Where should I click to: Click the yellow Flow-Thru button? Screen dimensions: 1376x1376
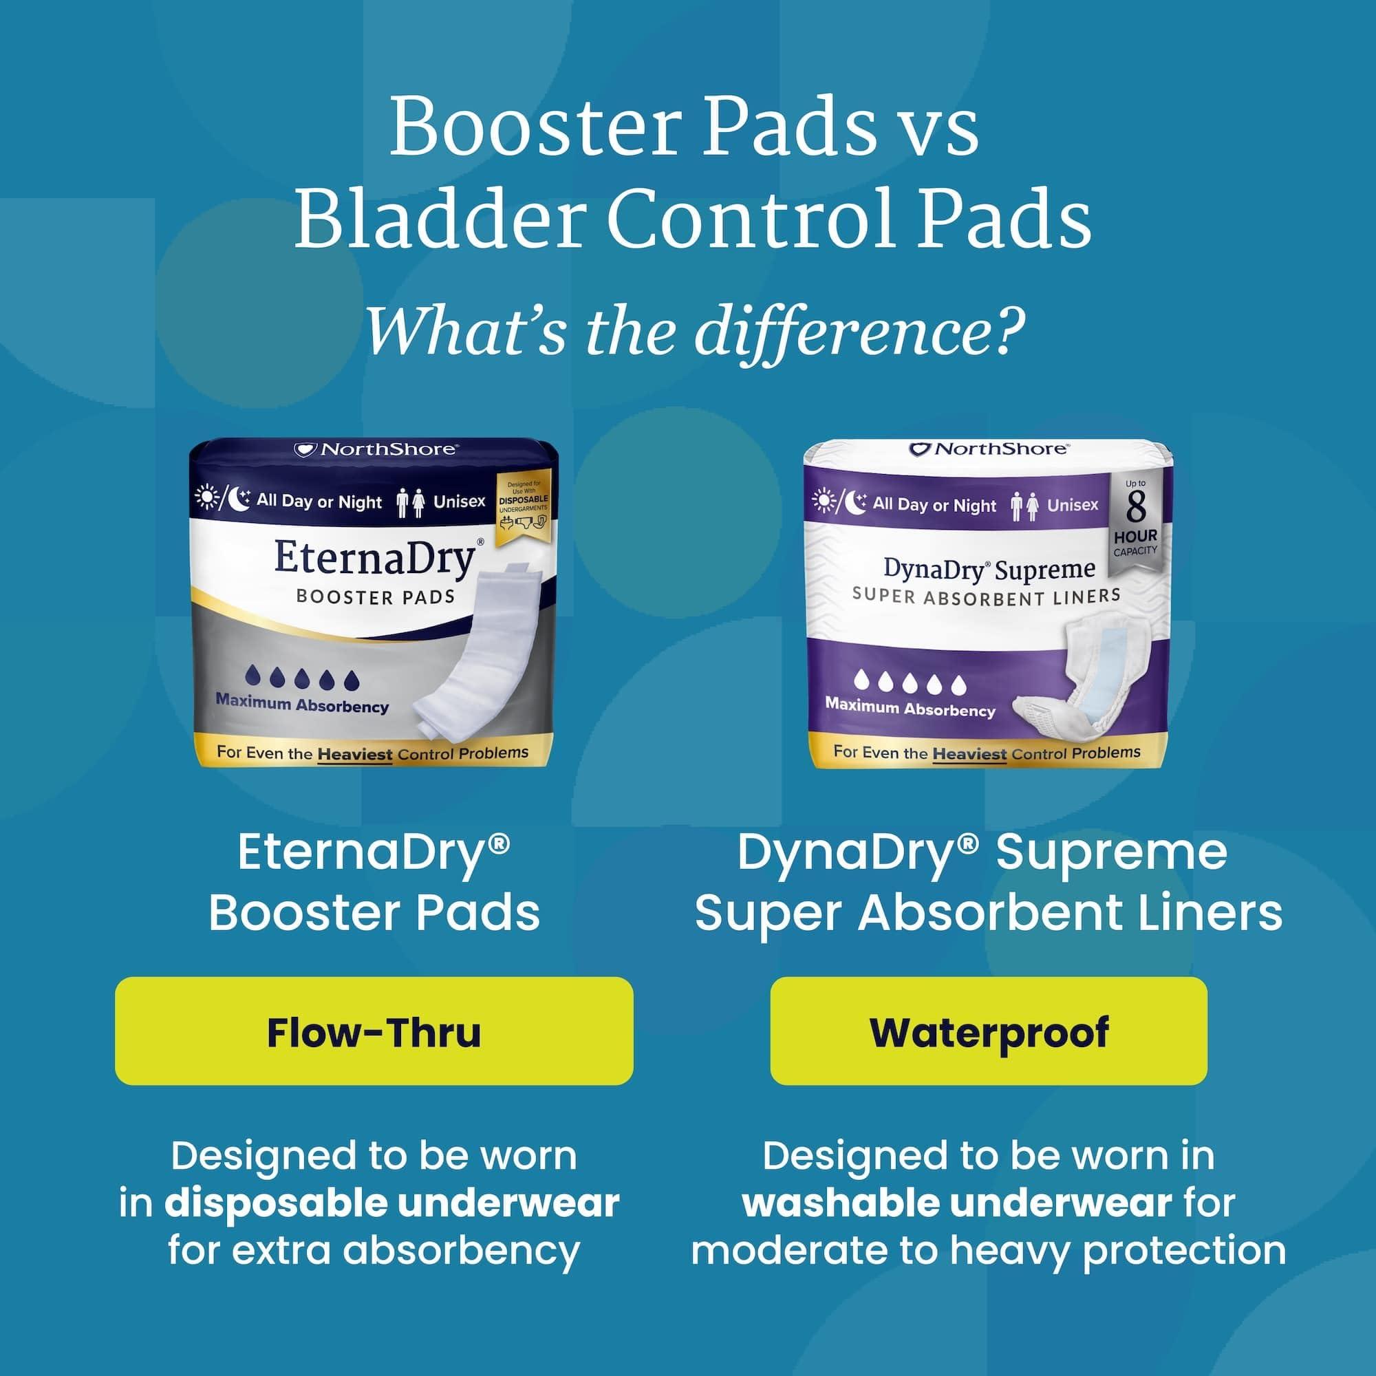[373, 1032]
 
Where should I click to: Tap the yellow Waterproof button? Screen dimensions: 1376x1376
[989, 1032]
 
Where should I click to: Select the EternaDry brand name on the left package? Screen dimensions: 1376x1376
[374, 559]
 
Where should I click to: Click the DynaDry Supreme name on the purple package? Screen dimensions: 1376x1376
[989, 569]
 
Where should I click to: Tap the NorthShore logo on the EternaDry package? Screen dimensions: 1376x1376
[376, 449]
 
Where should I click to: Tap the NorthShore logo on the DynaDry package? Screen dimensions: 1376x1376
[989, 449]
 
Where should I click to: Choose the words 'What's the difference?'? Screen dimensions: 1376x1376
[694, 330]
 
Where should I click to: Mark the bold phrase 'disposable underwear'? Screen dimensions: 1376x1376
[391, 1203]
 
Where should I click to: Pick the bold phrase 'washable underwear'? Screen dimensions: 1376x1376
[956, 1203]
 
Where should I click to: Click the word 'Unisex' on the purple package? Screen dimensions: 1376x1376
[1073, 505]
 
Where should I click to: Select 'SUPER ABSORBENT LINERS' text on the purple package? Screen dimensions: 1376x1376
[986, 596]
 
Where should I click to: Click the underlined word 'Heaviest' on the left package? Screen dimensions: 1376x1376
[355, 753]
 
